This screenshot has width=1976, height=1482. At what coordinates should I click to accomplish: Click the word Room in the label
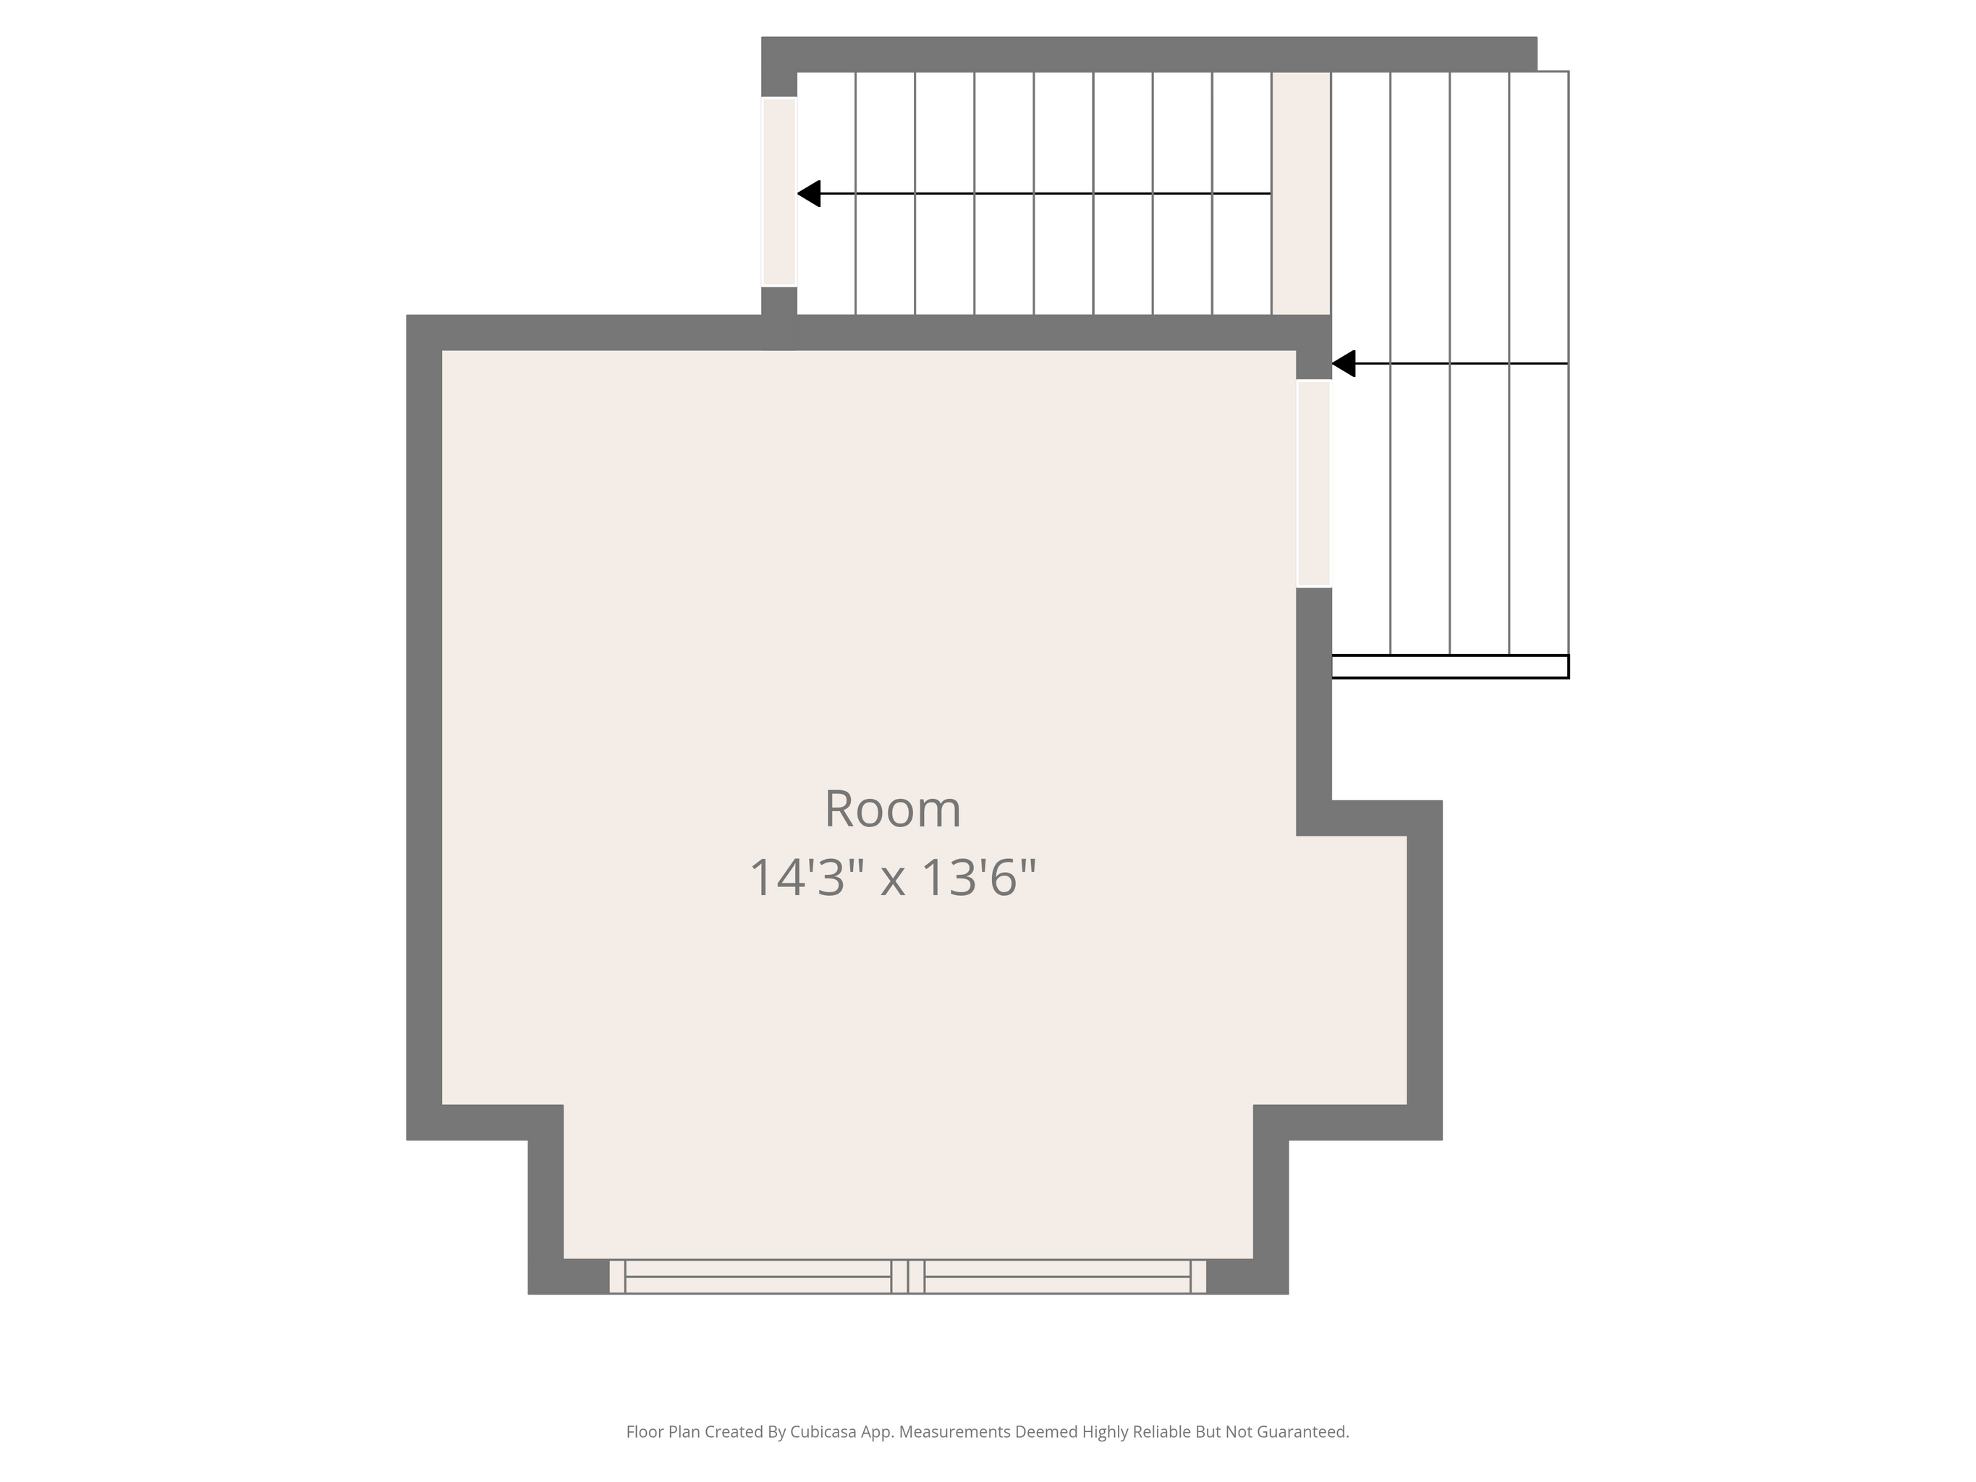coord(892,809)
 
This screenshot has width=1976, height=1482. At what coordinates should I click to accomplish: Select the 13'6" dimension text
coord(978,878)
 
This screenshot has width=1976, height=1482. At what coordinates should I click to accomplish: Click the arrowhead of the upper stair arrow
coord(808,193)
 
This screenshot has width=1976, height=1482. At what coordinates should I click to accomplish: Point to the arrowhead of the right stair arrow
coord(1344,363)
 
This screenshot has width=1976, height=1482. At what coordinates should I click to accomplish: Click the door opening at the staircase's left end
coord(779,192)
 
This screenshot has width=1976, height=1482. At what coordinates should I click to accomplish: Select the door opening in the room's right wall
coord(1314,483)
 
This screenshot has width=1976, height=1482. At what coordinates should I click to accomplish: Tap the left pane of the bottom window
coord(758,1276)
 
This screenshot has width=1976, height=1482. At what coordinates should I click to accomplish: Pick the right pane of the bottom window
coord(1058,1276)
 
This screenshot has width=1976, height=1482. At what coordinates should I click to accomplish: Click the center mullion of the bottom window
coord(907,1276)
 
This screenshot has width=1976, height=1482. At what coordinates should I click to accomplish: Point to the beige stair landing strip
coord(1302,193)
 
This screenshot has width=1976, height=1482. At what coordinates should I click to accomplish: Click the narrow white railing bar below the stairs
coord(1450,666)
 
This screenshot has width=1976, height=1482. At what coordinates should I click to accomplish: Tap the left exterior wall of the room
coord(424,727)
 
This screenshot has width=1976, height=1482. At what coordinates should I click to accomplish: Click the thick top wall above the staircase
coord(1149,54)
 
